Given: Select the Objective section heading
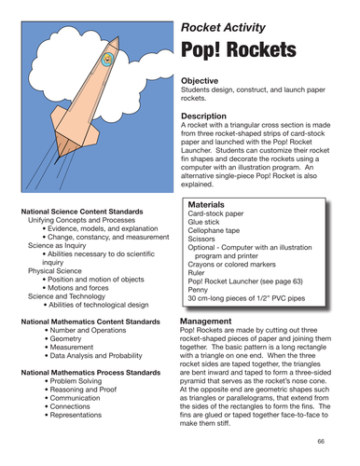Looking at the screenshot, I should pyautogui.click(x=202, y=82).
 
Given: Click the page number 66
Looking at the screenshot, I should pyautogui.click(x=321, y=441).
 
